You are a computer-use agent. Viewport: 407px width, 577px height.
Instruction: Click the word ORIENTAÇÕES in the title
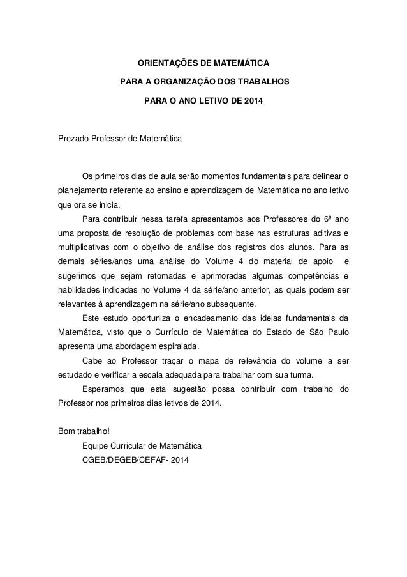pos(165,64)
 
